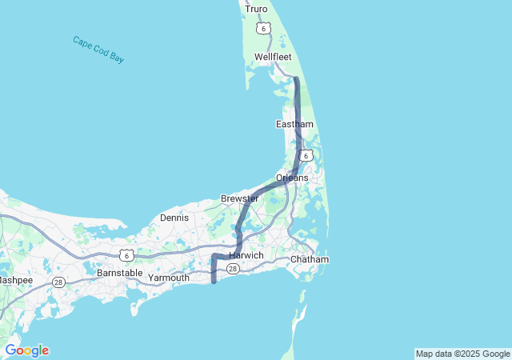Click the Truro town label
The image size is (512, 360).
256,9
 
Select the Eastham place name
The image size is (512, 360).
294,124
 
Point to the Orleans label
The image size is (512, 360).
292,177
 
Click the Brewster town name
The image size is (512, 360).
240,198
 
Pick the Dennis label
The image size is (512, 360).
174,217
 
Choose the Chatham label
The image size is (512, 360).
310,260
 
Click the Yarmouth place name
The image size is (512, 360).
169,278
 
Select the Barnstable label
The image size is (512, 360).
119,273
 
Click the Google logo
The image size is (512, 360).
26,350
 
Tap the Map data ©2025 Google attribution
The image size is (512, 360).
462,354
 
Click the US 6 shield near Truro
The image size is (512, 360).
265,28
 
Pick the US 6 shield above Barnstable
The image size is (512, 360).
126,254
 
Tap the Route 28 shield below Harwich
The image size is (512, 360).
233,269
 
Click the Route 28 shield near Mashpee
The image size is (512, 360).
58,282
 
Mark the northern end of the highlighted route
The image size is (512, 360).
296,79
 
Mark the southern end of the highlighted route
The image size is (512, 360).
214,281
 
